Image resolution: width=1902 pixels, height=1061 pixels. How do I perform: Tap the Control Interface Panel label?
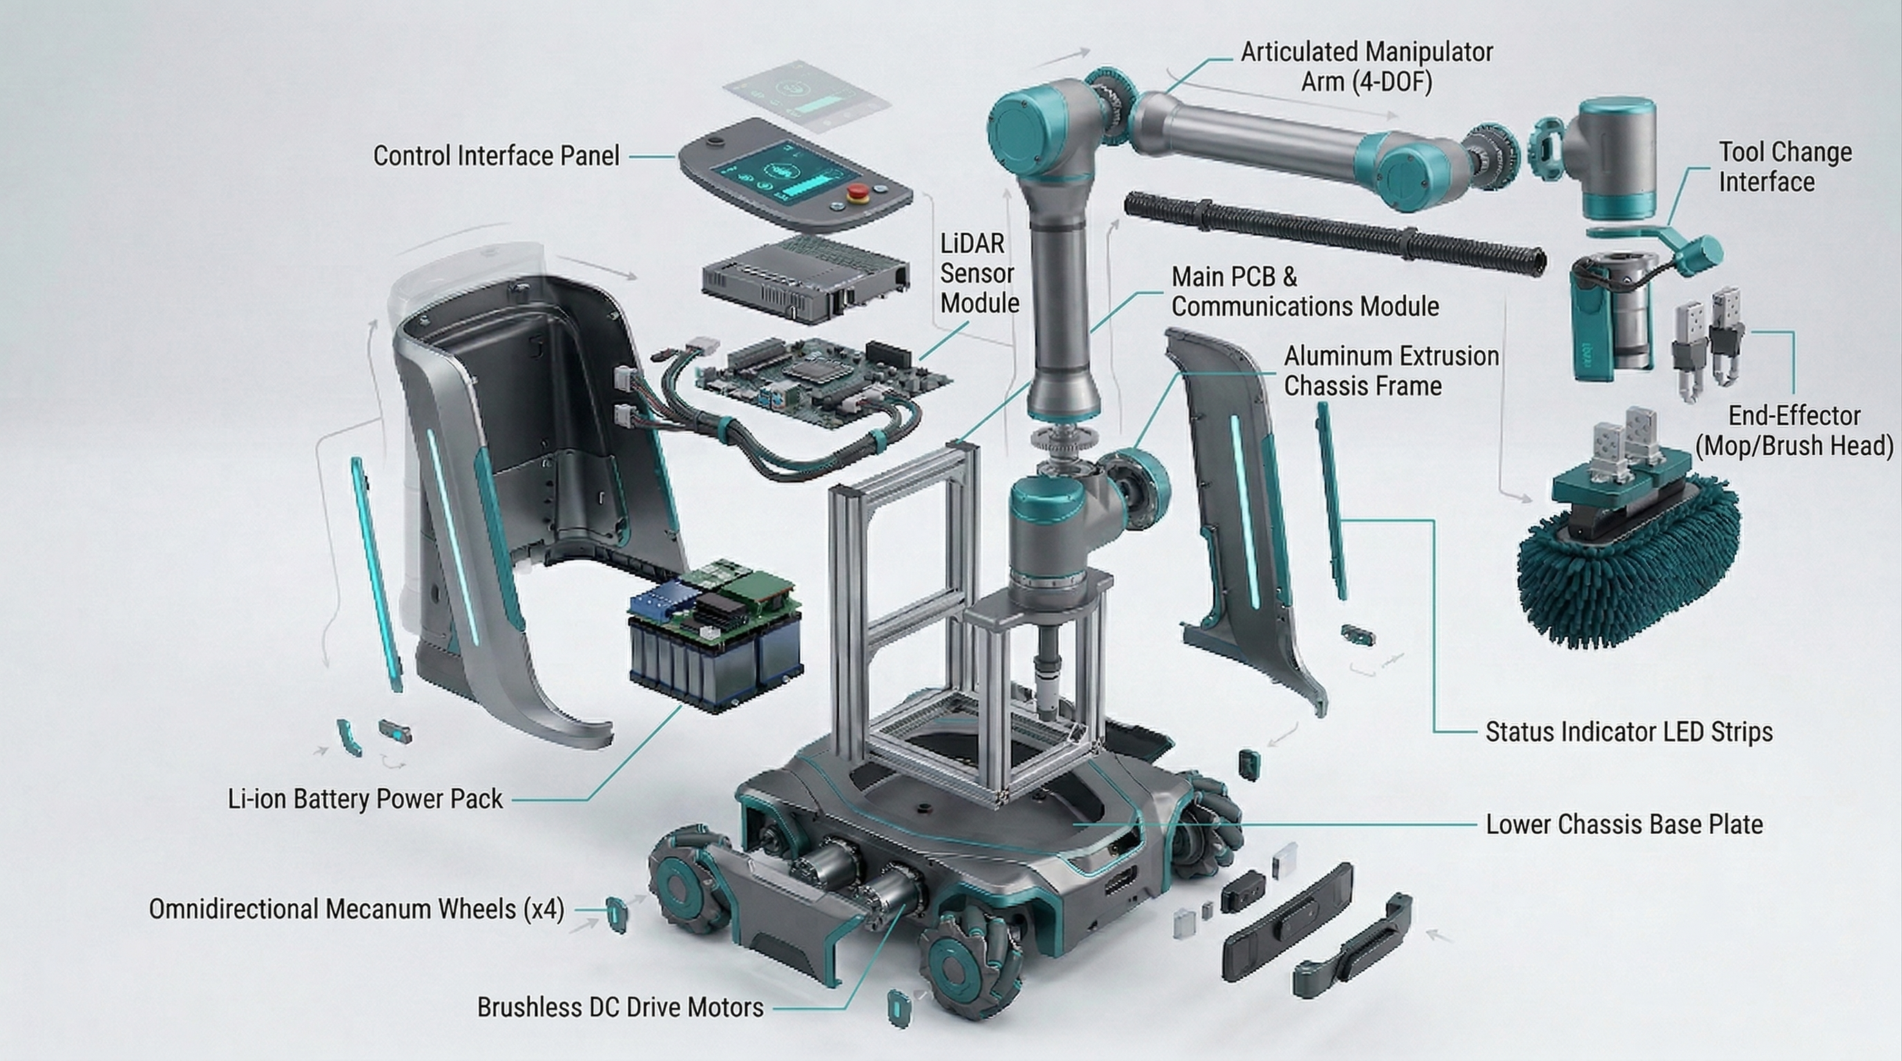coord(495,156)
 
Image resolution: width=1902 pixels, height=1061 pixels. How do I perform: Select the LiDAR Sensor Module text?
coord(979,273)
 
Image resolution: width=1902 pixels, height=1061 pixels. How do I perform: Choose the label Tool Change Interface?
coord(1784,167)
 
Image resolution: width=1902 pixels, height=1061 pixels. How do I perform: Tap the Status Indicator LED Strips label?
coord(1628,732)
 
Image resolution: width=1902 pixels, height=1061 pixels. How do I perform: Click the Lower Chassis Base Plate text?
coord(1624,824)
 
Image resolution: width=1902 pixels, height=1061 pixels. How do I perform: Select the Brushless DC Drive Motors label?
coord(619,1007)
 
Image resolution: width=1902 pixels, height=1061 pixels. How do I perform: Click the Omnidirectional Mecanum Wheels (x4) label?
coord(356,909)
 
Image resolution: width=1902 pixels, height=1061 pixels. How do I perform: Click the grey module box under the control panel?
coord(803,279)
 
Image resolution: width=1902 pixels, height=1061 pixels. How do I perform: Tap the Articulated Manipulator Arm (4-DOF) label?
coord(1366,66)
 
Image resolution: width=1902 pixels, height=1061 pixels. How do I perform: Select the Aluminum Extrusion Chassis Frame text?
coord(1390,371)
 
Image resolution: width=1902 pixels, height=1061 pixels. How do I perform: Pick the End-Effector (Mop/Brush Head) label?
coord(1794,430)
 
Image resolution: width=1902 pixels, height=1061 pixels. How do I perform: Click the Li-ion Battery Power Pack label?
coord(365,799)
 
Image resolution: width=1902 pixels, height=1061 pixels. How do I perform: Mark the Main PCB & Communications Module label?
coord(1305,291)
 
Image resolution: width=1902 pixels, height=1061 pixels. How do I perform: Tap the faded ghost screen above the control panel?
coord(805,96)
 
